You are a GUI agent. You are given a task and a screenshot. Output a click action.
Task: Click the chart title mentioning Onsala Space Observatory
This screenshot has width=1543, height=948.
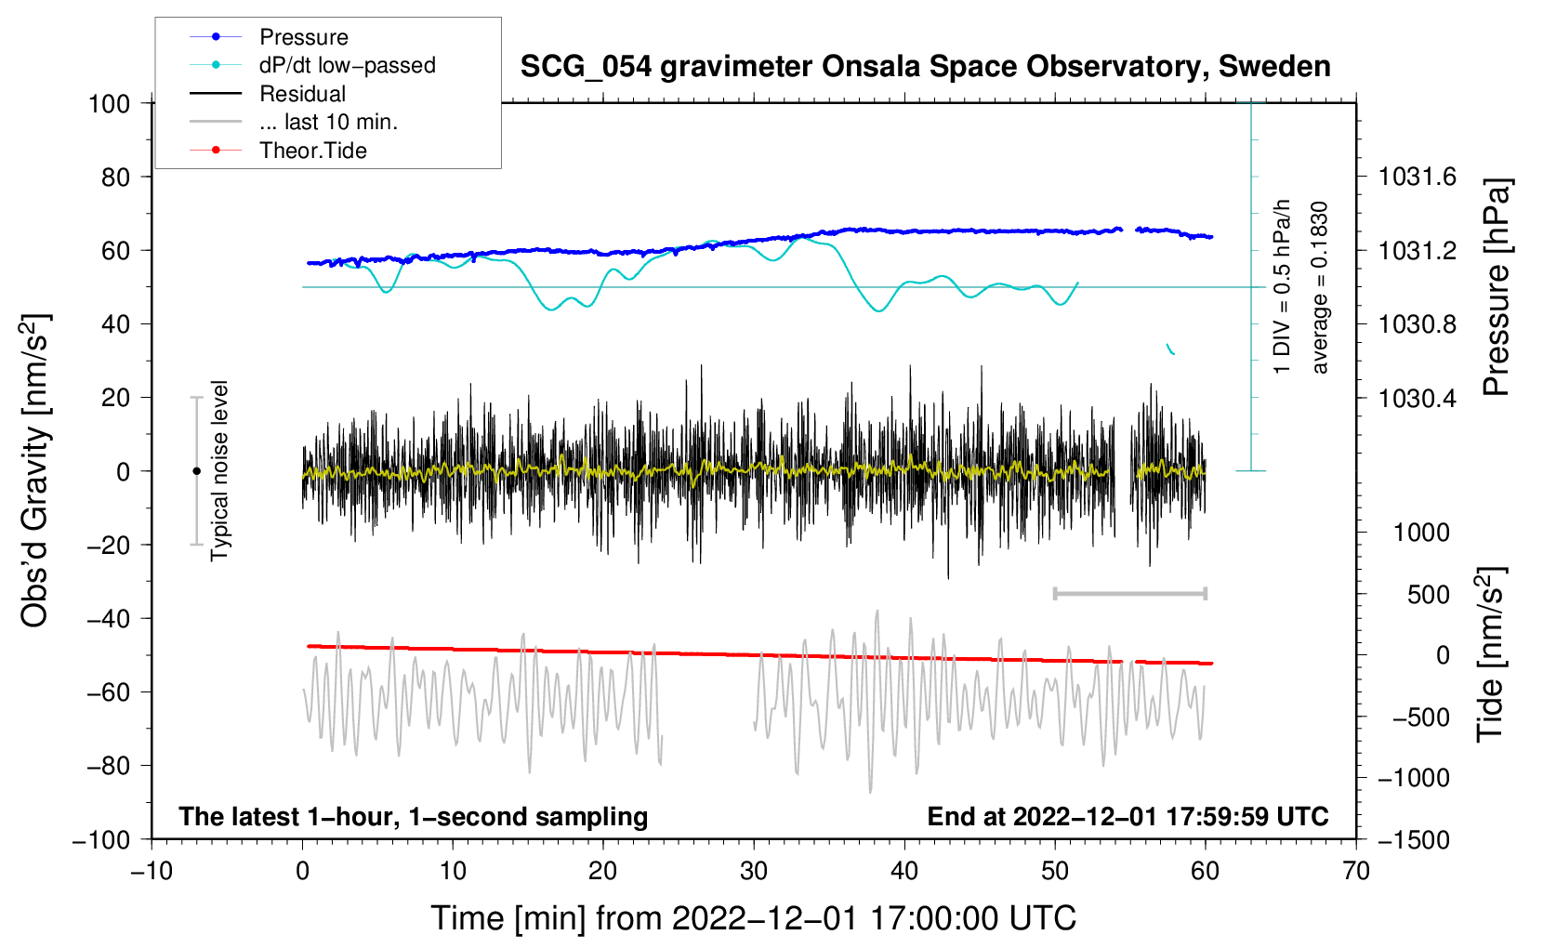[925, 67]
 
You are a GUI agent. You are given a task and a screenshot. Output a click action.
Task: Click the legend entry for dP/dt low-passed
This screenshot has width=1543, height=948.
[347, 65]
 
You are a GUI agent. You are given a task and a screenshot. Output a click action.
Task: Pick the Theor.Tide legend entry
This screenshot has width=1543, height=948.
[312, 151]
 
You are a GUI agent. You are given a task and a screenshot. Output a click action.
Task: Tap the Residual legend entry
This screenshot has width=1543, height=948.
[302, 94]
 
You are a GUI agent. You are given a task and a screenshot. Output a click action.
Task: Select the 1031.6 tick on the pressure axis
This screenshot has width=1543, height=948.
[1418, 177]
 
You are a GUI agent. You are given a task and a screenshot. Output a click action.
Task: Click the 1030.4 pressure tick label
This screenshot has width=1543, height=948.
[1418, 398]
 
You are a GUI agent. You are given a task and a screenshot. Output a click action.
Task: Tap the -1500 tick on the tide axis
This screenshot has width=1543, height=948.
[1413, 839]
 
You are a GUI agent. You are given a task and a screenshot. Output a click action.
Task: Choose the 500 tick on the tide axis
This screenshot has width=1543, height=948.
[1428, 595]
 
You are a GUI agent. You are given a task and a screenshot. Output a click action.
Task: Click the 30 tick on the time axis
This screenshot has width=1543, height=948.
[754, 871]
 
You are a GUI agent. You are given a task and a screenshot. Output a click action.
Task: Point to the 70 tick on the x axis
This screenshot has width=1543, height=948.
[1356, 871]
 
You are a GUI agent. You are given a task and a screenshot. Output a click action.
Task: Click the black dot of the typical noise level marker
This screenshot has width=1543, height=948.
[196, 471]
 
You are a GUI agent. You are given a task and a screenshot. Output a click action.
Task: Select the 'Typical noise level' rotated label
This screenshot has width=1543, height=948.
[219, 470]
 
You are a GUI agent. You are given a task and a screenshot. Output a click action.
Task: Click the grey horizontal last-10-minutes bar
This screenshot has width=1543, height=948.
[1129, 593]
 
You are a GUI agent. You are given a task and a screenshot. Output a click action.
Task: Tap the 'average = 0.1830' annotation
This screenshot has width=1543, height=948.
[1320, 288]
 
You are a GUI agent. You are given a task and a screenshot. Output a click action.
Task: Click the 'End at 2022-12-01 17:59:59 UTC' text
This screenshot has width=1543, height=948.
[1128, 816]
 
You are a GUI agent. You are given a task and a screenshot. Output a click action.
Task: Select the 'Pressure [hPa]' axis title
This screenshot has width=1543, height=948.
[1496, 288]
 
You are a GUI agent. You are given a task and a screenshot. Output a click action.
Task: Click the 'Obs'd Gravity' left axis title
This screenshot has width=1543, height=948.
[35, 470]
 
